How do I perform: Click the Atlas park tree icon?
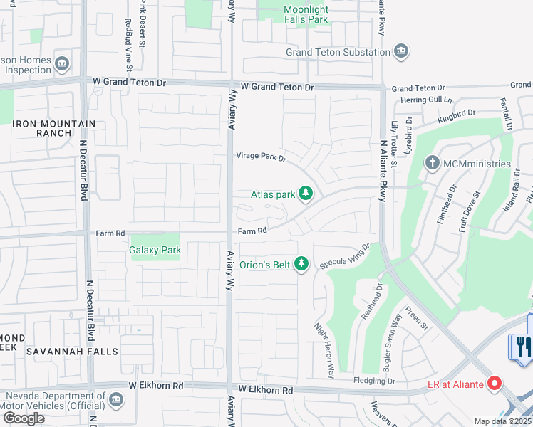306,194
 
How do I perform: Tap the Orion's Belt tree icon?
301,265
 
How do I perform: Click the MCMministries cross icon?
432,164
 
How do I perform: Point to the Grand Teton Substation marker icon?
401,51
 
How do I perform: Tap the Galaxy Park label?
155,250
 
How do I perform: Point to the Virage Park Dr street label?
261,158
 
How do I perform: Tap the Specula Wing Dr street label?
345,254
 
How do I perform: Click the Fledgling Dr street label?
376,381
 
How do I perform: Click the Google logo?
24,418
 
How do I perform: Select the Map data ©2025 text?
502,421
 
